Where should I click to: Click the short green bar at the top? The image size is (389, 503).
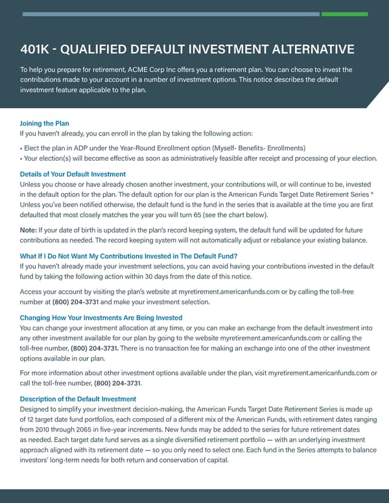point(344,14)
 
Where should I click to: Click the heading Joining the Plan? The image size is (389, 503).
point(45,123)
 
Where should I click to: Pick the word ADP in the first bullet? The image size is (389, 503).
point(78,148)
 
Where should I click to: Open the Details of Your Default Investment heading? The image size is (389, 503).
point(73,174)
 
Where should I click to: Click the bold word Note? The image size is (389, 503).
point(30,230)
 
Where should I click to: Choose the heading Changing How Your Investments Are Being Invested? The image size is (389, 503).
point(101,318)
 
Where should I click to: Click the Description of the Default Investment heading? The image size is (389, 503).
point(78,399)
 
